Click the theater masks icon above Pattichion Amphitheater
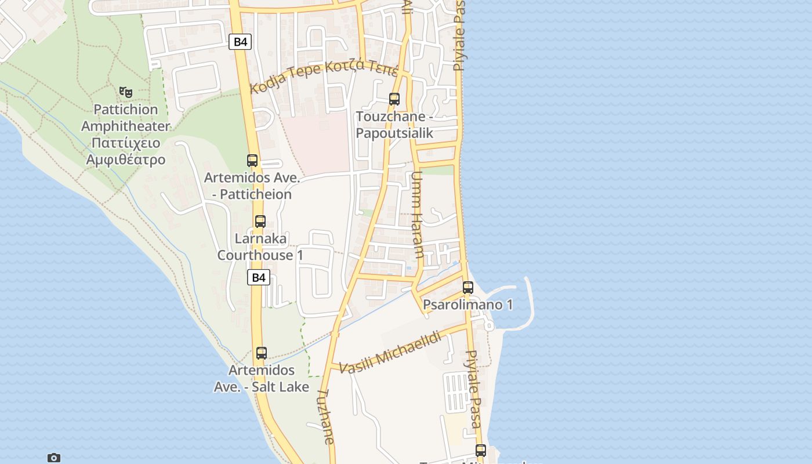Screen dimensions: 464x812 point(126,92)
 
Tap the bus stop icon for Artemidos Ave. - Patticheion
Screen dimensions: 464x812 point(252,161)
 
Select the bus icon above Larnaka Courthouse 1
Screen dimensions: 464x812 point(260,221)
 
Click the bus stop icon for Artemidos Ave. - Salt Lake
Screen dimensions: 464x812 point(262,353)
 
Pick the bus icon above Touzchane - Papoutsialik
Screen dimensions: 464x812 point(394,99)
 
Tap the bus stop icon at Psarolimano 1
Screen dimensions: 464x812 point(468,287)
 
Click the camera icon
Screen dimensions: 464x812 point(54,458)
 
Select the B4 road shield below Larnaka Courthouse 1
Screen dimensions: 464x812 point(259,278)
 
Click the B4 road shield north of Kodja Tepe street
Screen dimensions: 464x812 point(240,42)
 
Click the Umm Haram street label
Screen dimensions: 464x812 point(417,215)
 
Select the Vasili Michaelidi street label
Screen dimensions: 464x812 point(390,352)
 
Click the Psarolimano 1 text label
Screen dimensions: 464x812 point(468,305)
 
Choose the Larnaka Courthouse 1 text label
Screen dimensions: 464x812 point(260,247)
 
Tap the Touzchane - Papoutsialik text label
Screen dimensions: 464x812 point(394,125)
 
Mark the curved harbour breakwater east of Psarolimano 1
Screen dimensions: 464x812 point(529,299)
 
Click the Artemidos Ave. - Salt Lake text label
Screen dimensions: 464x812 point(262,378)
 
